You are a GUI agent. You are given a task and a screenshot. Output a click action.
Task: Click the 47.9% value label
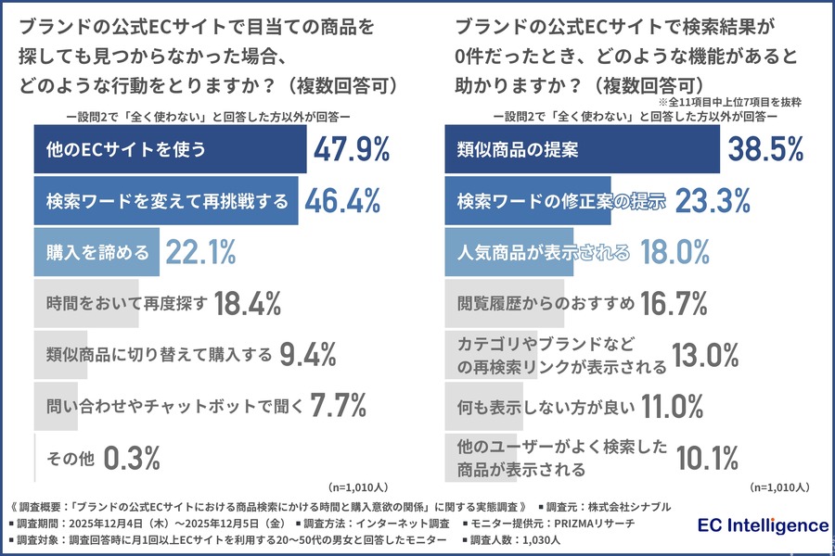[352, 150]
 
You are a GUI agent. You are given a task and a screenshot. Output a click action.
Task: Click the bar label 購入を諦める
[97, 252]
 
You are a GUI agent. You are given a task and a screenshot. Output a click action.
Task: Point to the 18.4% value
[248, 303]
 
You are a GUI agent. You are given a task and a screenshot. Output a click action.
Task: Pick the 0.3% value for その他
[132, 457]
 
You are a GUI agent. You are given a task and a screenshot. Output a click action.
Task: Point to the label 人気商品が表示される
[544, 252]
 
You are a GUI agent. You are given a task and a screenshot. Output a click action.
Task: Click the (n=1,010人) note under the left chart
[361, 486]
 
